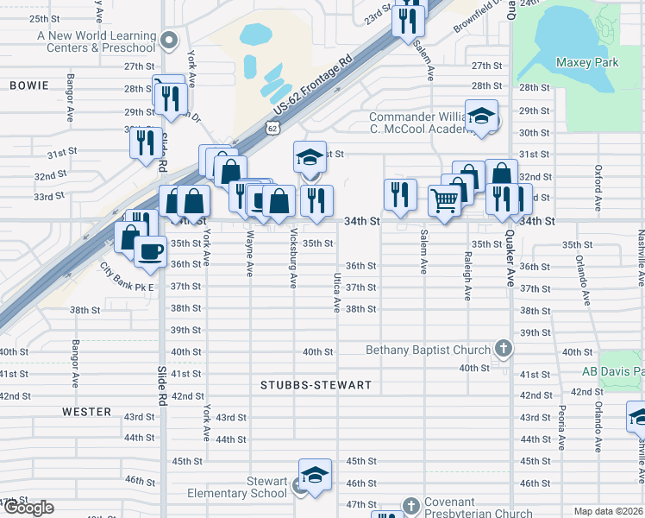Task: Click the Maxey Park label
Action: tap(587, 62)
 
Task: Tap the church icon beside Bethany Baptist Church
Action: tap(504, 350)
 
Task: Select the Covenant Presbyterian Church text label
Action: tap(478, 508)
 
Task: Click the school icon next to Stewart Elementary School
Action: tap(299, 487)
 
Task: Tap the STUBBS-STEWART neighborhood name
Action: tap(316, 385)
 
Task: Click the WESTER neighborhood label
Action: tap(87, 412)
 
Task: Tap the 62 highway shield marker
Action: tap(272, 128)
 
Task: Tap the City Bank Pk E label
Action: tap(126, 278)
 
